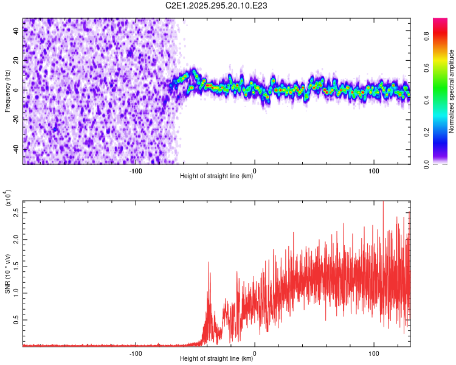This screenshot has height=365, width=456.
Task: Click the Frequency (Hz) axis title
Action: [x=7, y=91]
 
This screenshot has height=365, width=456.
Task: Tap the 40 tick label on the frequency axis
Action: [x=16, y=31]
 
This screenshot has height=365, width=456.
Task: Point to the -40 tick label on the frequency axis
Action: [x=16, y=149]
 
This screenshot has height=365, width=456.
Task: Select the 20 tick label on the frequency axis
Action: [x=16, y=61]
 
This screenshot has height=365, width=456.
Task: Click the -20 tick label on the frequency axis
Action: [x=16, y=120]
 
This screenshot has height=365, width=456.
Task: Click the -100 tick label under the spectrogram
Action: [x=136, y=170]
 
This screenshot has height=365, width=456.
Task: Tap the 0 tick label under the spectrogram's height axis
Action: [x=254, y=170]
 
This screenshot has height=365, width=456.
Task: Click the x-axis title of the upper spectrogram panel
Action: [x=216, y=176]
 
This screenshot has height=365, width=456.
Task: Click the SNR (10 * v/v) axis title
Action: [x=7, y=274]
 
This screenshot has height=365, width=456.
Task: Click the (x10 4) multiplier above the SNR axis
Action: [x=7, y=198]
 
